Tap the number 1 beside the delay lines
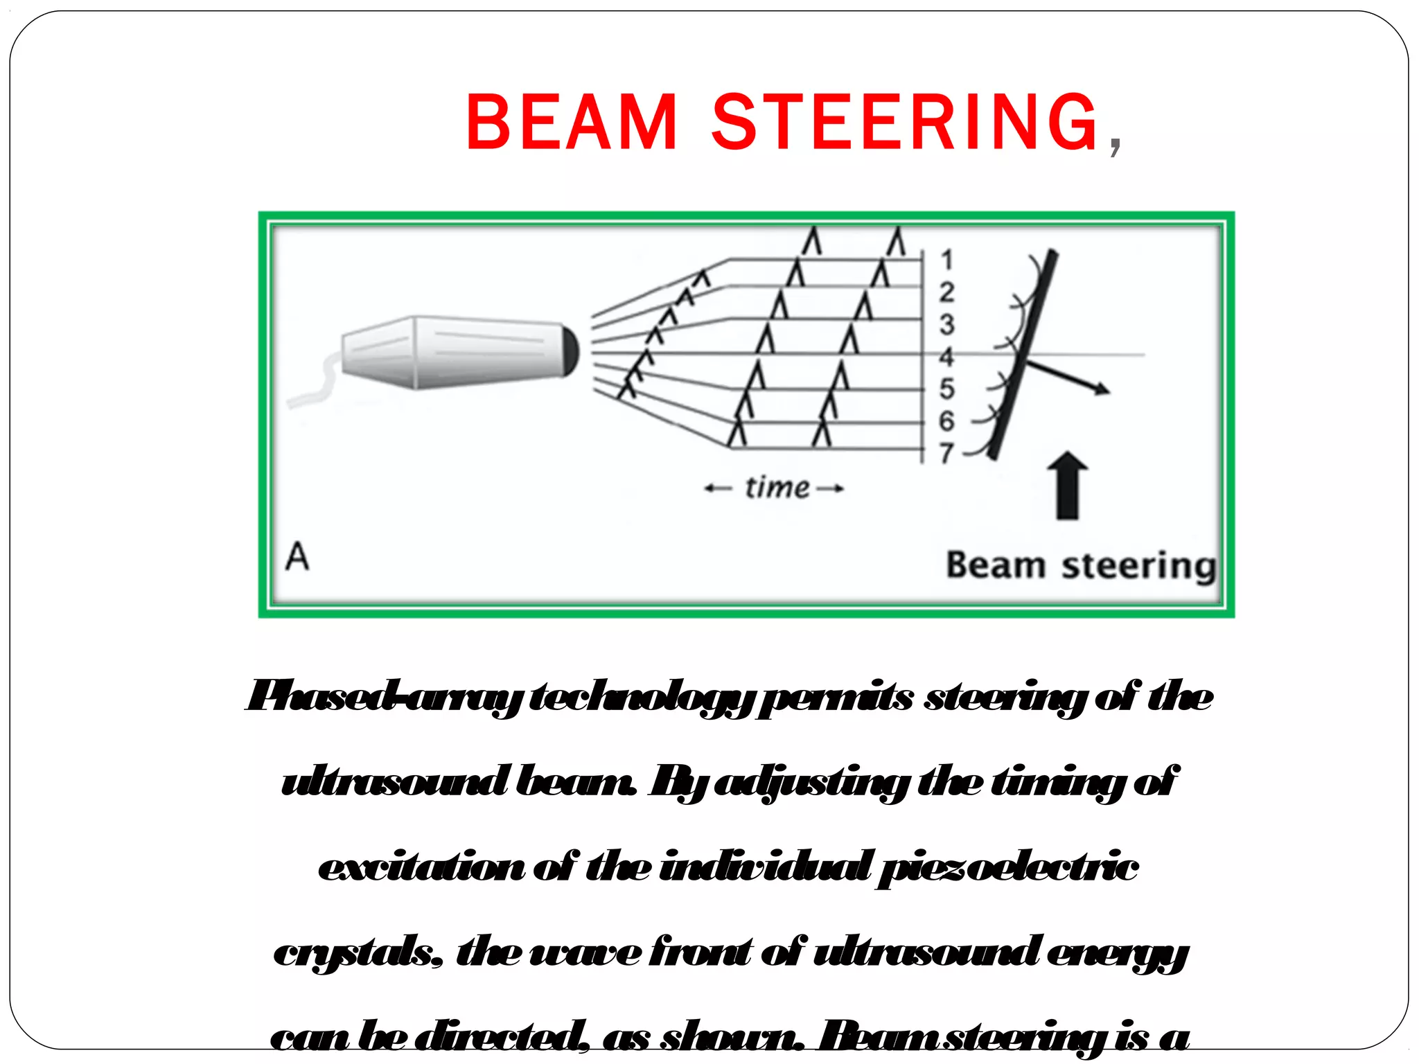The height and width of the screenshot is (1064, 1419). [x=946, y=260]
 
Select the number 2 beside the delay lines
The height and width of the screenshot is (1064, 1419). [x=946, y=292]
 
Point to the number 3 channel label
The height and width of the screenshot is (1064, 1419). [x=946, y=325]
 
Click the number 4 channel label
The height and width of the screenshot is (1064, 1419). [x=946, y=357]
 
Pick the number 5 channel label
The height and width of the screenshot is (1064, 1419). [x=946, y=389]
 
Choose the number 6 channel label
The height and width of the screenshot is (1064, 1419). [x=946, y=420]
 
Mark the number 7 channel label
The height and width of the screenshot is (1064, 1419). [x=946, y=453]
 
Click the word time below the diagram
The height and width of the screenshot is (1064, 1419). [x=777, y=488]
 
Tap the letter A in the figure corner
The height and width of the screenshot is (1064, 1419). [x=297, y=556]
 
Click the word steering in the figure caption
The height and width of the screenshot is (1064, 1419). [x=1138, y=566]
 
